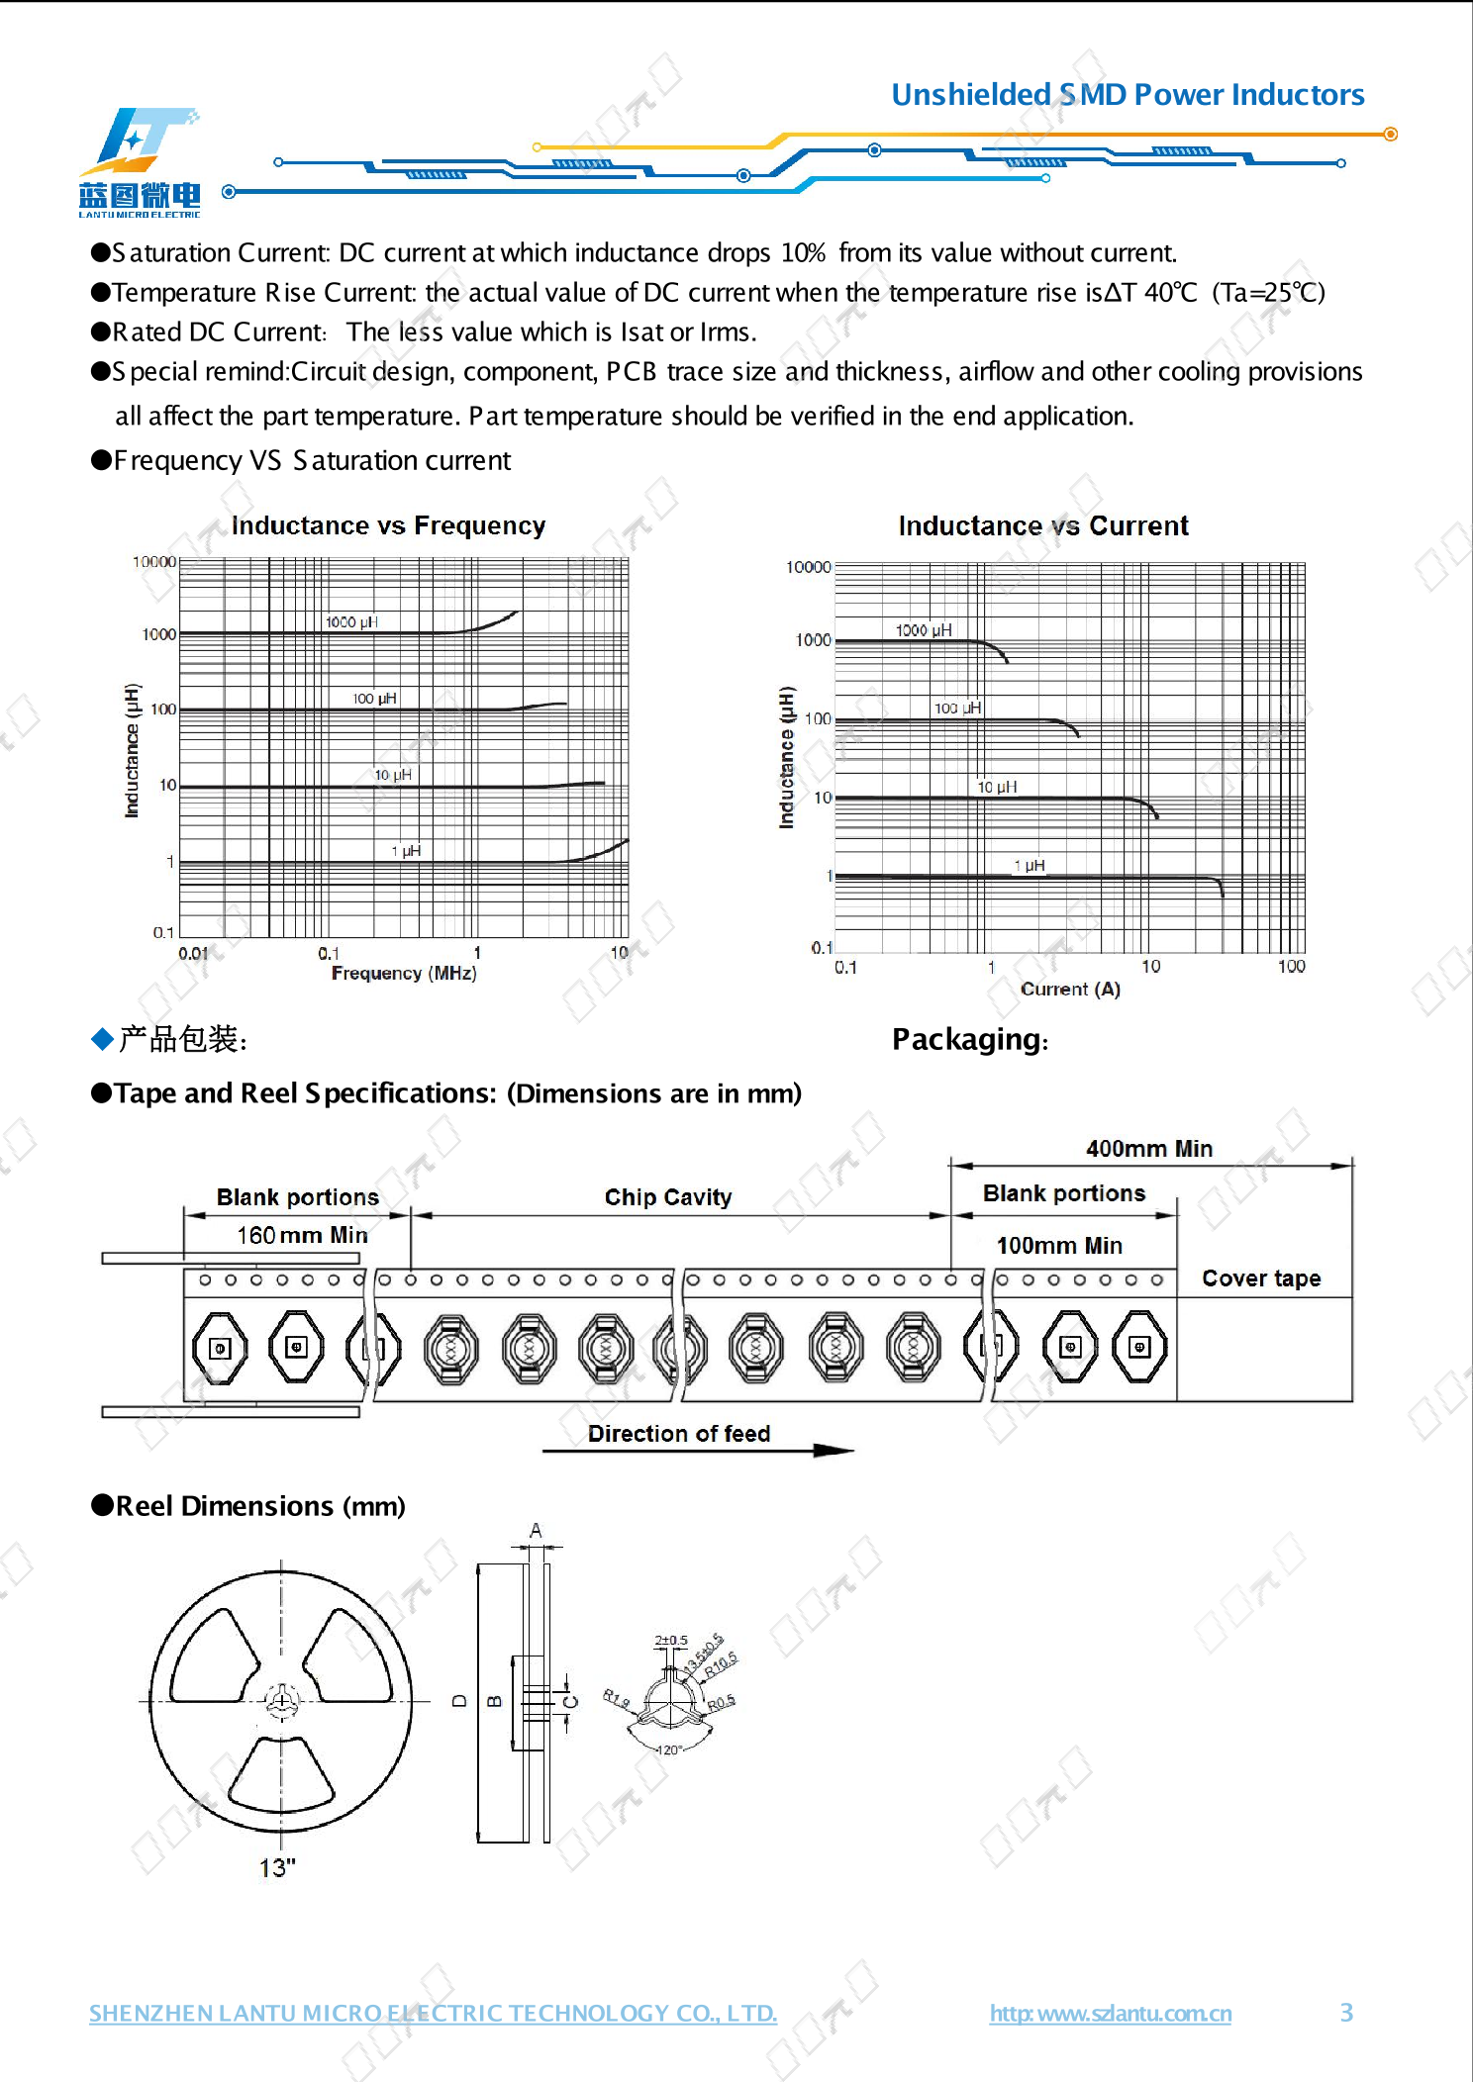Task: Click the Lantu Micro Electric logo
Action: point(140,163)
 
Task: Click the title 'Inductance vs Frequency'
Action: point(388,525)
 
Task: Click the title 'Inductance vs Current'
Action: point(1043,525)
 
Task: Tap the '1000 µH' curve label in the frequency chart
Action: point(351,622)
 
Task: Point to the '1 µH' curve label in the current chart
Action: point(1030,866)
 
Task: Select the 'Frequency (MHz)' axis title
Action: point(404,974)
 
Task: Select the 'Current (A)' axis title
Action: point(1070,990)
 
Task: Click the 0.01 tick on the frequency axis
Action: point(193,954)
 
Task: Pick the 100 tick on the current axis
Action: point(1291,967)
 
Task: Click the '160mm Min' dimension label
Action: point(302,1235)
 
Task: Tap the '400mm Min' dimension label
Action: point(1148,1149)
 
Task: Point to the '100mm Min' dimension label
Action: point(1059,1246)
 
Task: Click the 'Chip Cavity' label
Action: point(668,1197)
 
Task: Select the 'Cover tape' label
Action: point(1261,1278)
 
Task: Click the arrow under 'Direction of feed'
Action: point(698,1451)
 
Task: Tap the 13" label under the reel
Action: point(277,1867)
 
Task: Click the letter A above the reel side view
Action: point(536,1531)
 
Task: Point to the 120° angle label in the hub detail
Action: point(669,1750)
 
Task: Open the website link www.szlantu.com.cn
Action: point(1110,2014)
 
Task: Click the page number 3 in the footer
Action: point(1346,2013)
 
